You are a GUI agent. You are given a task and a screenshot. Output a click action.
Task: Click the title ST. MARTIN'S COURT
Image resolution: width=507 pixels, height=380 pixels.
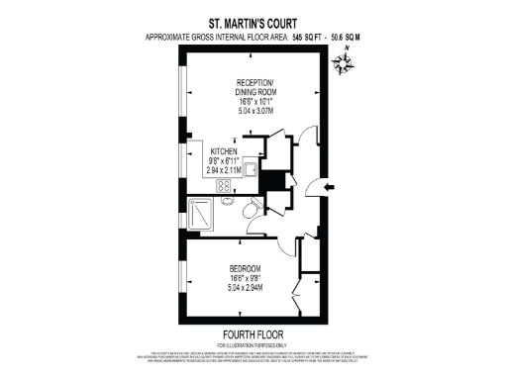pos(253,20)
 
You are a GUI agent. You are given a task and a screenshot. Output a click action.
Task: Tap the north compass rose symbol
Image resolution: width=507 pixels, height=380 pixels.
pos(345,64)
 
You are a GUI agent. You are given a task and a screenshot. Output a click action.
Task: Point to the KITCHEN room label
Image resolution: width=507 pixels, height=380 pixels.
pos(224,150)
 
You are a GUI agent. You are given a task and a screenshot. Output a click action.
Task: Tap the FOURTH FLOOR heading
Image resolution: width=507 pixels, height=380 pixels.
pos(253,332)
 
